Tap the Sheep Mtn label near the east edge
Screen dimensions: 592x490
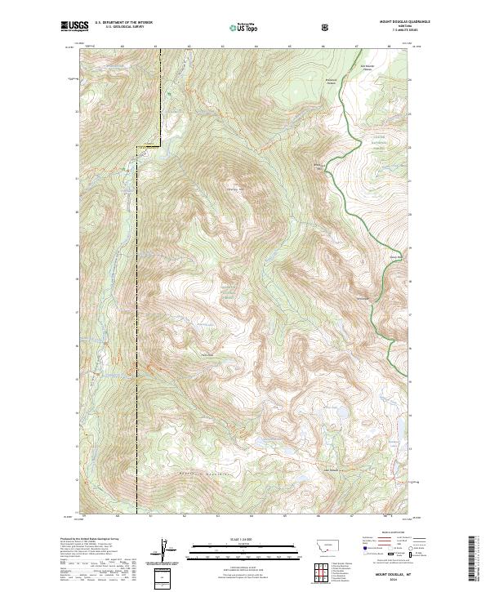click(x=396, y=255)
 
